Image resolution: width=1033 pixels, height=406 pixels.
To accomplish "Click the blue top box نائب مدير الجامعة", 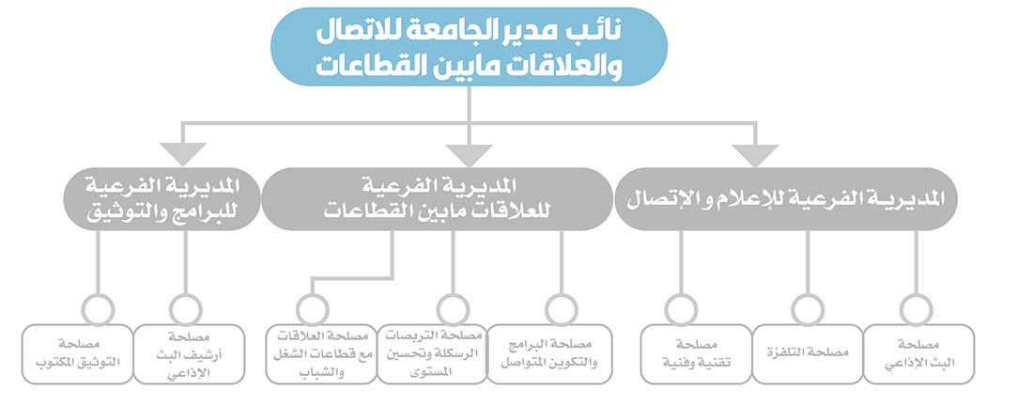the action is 469,47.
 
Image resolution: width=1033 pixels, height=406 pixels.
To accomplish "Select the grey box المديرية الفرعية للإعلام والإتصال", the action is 786,199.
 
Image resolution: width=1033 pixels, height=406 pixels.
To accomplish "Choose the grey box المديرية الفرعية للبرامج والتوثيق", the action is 162,199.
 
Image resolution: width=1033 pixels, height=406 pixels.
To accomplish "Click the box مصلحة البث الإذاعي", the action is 919,354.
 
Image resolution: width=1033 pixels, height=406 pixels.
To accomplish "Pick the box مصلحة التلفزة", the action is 808,354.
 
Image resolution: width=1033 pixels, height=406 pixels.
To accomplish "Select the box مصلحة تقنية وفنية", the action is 697,354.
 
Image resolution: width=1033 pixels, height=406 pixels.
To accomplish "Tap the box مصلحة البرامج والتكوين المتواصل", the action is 542,354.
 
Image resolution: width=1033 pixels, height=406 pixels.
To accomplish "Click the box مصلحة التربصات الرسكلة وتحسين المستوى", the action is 432,354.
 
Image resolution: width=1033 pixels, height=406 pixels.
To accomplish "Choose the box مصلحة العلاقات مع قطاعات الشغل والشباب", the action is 321,354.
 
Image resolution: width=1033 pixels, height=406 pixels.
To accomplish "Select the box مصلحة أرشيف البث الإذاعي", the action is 189,354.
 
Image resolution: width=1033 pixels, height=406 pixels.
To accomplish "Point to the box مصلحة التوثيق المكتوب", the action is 77,354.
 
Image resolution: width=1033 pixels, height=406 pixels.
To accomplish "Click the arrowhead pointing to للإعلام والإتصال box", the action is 755,156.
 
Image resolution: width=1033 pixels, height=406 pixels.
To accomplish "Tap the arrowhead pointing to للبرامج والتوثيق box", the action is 183,156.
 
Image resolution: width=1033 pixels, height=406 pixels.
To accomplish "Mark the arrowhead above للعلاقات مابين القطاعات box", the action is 469,156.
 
